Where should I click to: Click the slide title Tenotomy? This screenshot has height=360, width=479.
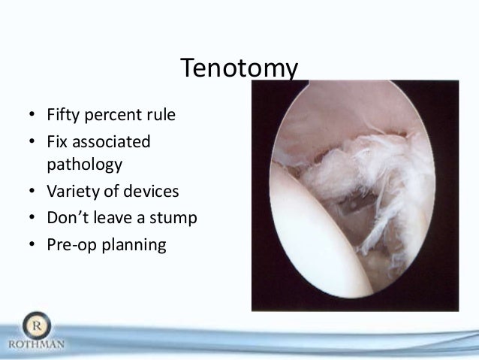tap(239, 70)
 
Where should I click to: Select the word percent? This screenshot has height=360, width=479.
tap(113, 117)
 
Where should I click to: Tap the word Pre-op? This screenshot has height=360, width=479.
tap(70, 245)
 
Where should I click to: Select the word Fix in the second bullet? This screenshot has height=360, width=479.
tap(56, 141)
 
